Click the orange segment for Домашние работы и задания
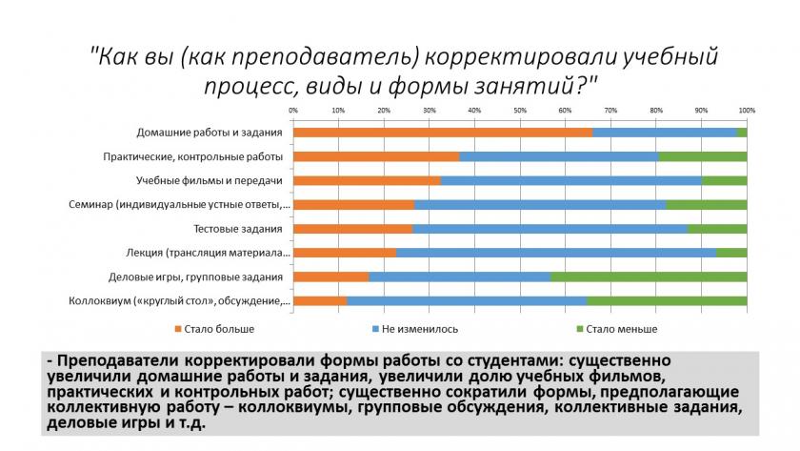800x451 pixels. pyautogui.click(x=444, y=133)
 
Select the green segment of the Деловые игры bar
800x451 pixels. pyautogui.click(x=649, y=277)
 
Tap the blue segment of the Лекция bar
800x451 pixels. pyautogui.click(x=556, y=253)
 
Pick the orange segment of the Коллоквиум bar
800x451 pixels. pyautogui.click(x=320, y=301)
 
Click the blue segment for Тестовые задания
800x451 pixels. pyautogui.click(x=550, y=229)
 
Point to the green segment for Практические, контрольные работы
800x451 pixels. pyautogui.click(x=703, y=156)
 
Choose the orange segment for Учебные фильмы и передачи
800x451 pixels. pyautogui.click(x=367, y=181)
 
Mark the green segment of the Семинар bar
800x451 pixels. pyautogui.click(x=707, y=205)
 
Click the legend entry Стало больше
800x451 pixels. pyautogui.click(x=214, y=330)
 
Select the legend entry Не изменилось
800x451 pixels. pyautogui.click(x=415, y=330)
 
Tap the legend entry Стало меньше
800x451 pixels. pyautogui.click(x=617, y=330)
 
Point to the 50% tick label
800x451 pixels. pyautogui.click(x=520, y=111)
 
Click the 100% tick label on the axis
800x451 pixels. pyautogui.click(x=747, y=111)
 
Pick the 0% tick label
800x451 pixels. pyautogui.click(x=293, y=111)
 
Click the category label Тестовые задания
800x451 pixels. pyautogui.click(x=238, y=229)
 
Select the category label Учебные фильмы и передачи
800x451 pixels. pyautogui.click(x=210, y=181)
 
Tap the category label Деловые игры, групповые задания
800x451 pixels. pyautogui.click(x=195, y=277)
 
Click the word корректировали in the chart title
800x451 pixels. pyautogui.click(x=520, y=56)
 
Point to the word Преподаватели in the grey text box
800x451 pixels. pyautogui.click(x=118, y=361)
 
